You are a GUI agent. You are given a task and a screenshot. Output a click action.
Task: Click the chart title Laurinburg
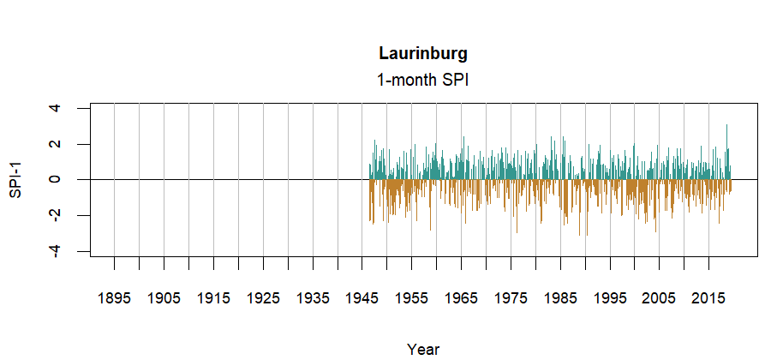(423, 53)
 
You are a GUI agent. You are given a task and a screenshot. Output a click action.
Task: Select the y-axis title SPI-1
(15, 179)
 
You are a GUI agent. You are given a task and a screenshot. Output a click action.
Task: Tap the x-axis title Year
(423, 349)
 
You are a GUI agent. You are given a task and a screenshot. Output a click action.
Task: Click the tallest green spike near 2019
(727, 129)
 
